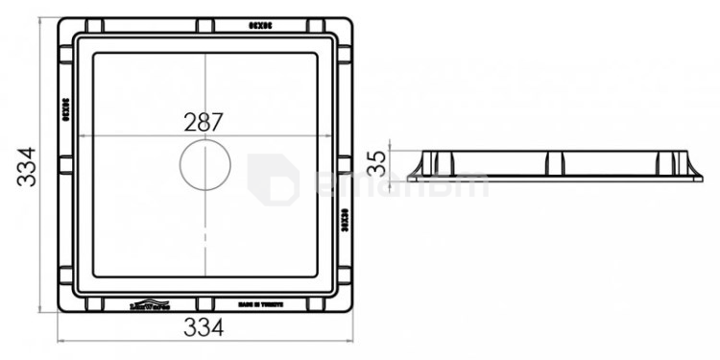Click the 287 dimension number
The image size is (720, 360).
tap(204, 122)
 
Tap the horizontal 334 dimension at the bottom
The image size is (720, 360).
tap(204, 327)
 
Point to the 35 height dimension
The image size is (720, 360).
tap(377, 162)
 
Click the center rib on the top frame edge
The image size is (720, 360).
tap(204, 24)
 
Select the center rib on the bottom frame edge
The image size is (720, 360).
tap(204, 304)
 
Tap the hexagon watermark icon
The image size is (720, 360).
tap(273, 179)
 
